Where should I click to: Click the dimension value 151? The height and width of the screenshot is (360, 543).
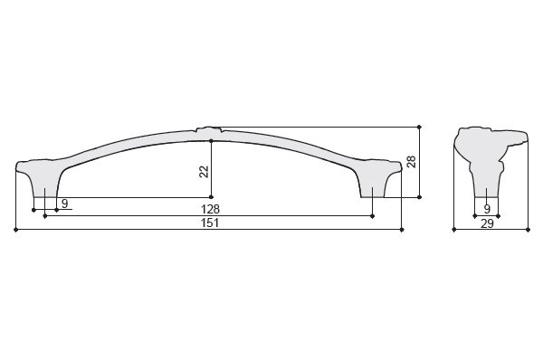(x=210, y=223)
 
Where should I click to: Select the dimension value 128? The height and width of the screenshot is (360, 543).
(x=210, y=209)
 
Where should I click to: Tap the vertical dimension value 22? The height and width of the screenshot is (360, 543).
(x=204, y=172)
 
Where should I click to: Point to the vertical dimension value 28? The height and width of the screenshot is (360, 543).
(x=412, y=162)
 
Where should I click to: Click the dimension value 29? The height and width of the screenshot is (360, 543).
(x=487, y=223)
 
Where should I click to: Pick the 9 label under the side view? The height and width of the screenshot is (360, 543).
(x=487, y=209)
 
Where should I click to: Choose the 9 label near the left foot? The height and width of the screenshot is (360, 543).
(x=65, y=204)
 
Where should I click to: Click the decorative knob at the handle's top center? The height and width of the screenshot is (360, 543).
(x=208, y=130)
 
